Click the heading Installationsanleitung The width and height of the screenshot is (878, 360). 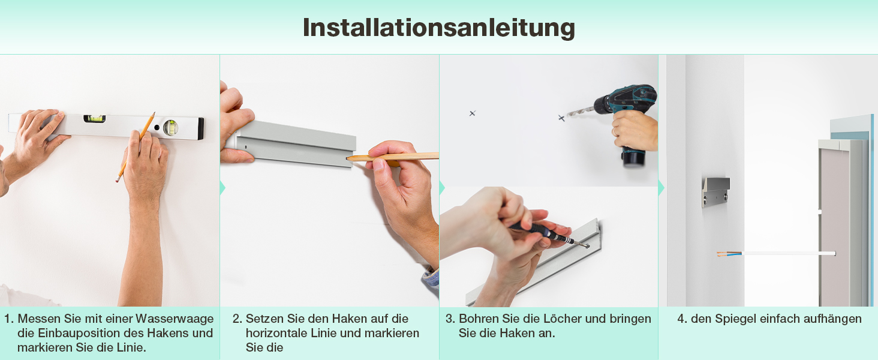[x=438, y=28]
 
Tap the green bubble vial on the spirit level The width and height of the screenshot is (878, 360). [x=95, y=118]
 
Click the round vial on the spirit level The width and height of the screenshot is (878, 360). [x=170, y=127]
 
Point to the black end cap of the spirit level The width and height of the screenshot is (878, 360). [x=200, y=128]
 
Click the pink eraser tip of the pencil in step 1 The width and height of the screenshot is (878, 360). [x=117, y=180]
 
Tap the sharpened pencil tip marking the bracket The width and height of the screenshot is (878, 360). [x=348, y=158]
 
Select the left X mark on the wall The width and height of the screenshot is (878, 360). [x=473, y=113]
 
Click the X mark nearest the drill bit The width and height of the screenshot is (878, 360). [x=562, y=118]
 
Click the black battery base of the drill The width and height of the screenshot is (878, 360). [x=633, y=158]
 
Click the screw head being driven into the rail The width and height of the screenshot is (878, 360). [x=587, y=246]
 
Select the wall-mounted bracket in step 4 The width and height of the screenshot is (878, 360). [x=715, y=192]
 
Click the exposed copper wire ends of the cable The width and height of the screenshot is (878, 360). [x=724, y=254]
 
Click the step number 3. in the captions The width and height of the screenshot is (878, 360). [x=450, y=319]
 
